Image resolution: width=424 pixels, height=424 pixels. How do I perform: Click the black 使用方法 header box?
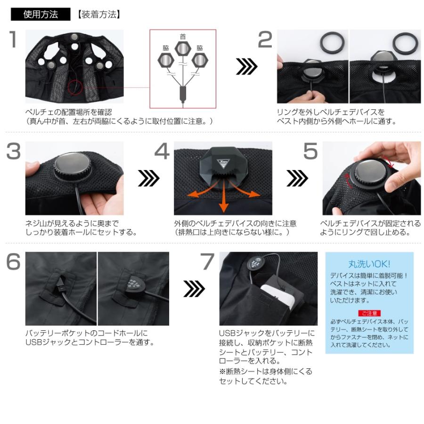(41, 15)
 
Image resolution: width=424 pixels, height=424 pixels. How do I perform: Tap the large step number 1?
(14, 40)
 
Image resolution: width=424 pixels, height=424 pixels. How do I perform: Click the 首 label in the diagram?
(183, 36)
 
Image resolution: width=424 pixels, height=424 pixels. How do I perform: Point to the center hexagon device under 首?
(183, 49)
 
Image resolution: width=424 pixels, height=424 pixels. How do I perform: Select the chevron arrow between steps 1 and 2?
(245, 67)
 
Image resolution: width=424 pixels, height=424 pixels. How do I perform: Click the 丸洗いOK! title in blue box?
(369, 264)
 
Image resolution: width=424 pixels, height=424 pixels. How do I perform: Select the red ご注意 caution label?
(369, 313)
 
